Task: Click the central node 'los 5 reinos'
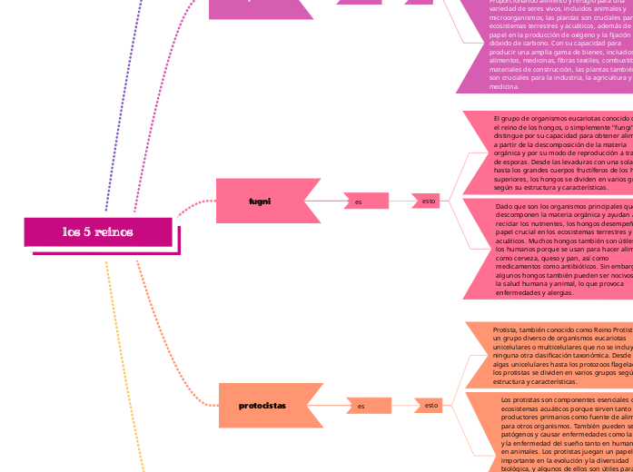click(x=98, y=232)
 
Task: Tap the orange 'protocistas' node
click(x=262, y=405)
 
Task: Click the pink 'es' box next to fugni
click(x=360, y=202)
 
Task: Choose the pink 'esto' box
click(x=429, y=201)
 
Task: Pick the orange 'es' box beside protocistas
click(x=361, y=406)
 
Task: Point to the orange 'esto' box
click(x=431, y=405)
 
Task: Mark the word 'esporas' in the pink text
click(x=522, y=161)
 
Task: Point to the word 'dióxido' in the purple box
click(x=503, y=43)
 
